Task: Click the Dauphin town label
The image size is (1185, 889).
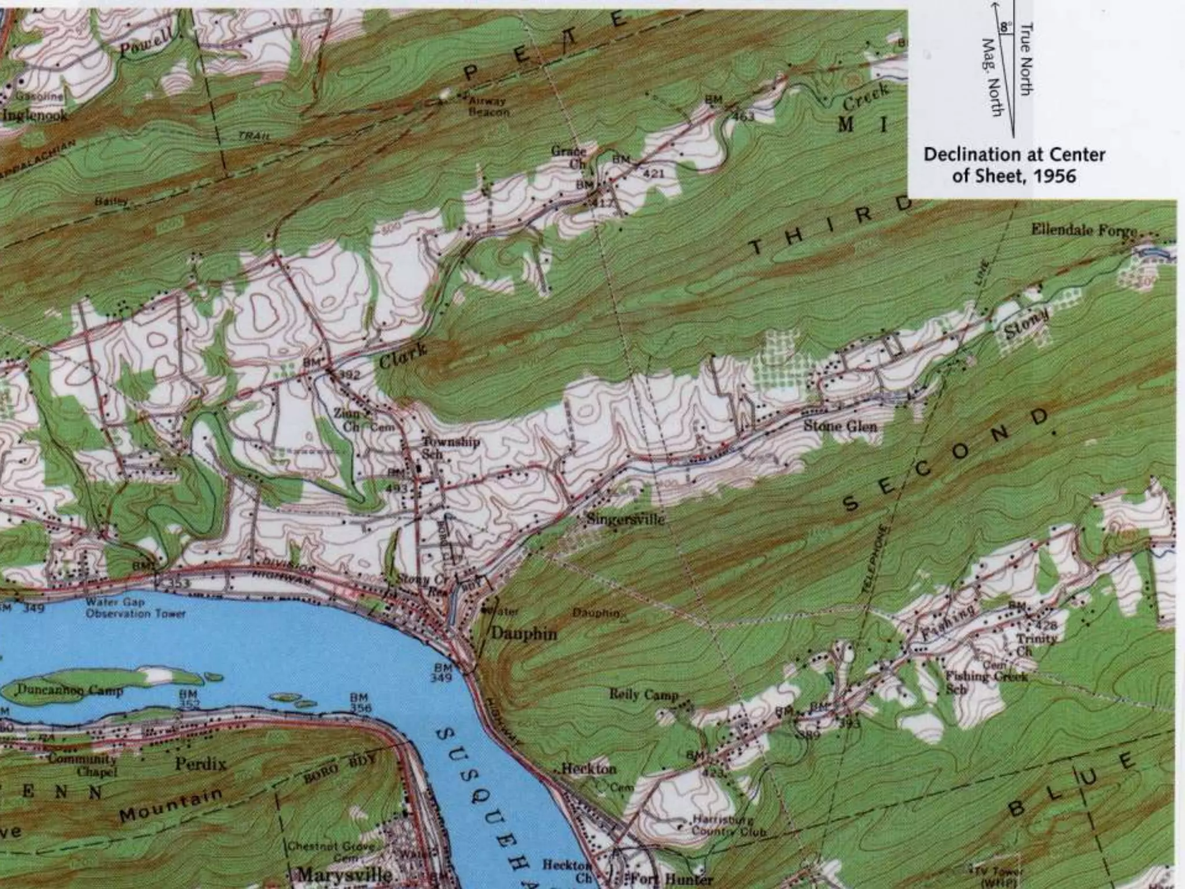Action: pos(524,633)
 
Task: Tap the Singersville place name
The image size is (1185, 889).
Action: pos(625,519)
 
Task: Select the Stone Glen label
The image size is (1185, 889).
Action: pos(840,427)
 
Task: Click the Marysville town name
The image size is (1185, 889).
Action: pos(344,874)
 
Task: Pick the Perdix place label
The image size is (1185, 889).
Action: pos(201,764)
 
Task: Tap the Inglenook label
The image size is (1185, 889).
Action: pos(35,115)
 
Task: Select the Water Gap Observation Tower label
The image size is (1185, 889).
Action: pos(135,608)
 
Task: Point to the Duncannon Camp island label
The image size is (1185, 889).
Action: pos(69,690)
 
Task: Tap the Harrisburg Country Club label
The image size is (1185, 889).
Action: pos(729,826)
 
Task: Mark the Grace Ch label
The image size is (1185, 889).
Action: pos(568,157)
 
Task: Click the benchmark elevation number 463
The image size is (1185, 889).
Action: pos(743,117)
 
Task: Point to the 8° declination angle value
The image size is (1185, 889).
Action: pos(1006,27)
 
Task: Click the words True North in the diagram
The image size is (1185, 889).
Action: pos(1027,58)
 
